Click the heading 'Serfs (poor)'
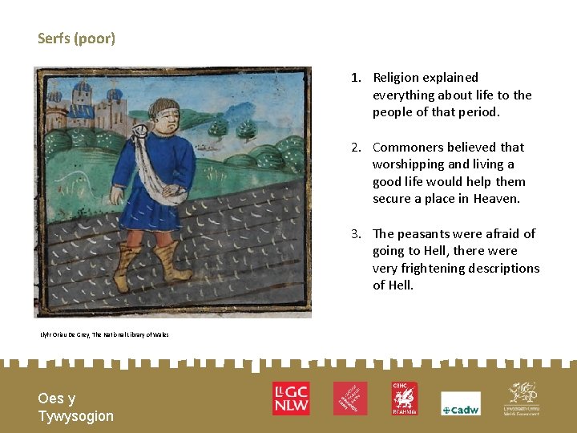coord(76,38)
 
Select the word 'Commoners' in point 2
coord(408,147)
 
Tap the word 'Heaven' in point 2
coord(496,199)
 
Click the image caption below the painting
coord(104,334)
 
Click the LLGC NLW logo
coord(290,398)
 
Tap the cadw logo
coord(461,403)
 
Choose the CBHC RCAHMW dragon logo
coord(404,398)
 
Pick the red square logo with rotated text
coord(350,398)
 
